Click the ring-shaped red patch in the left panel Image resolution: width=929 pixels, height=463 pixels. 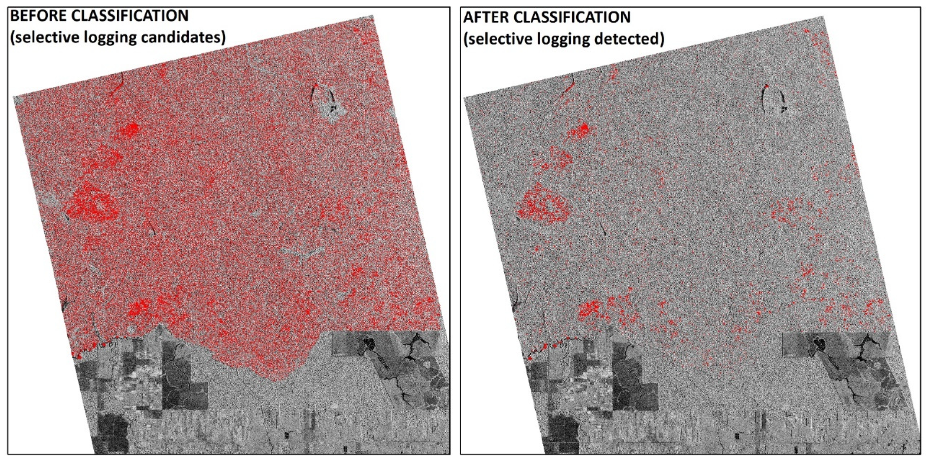93,206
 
